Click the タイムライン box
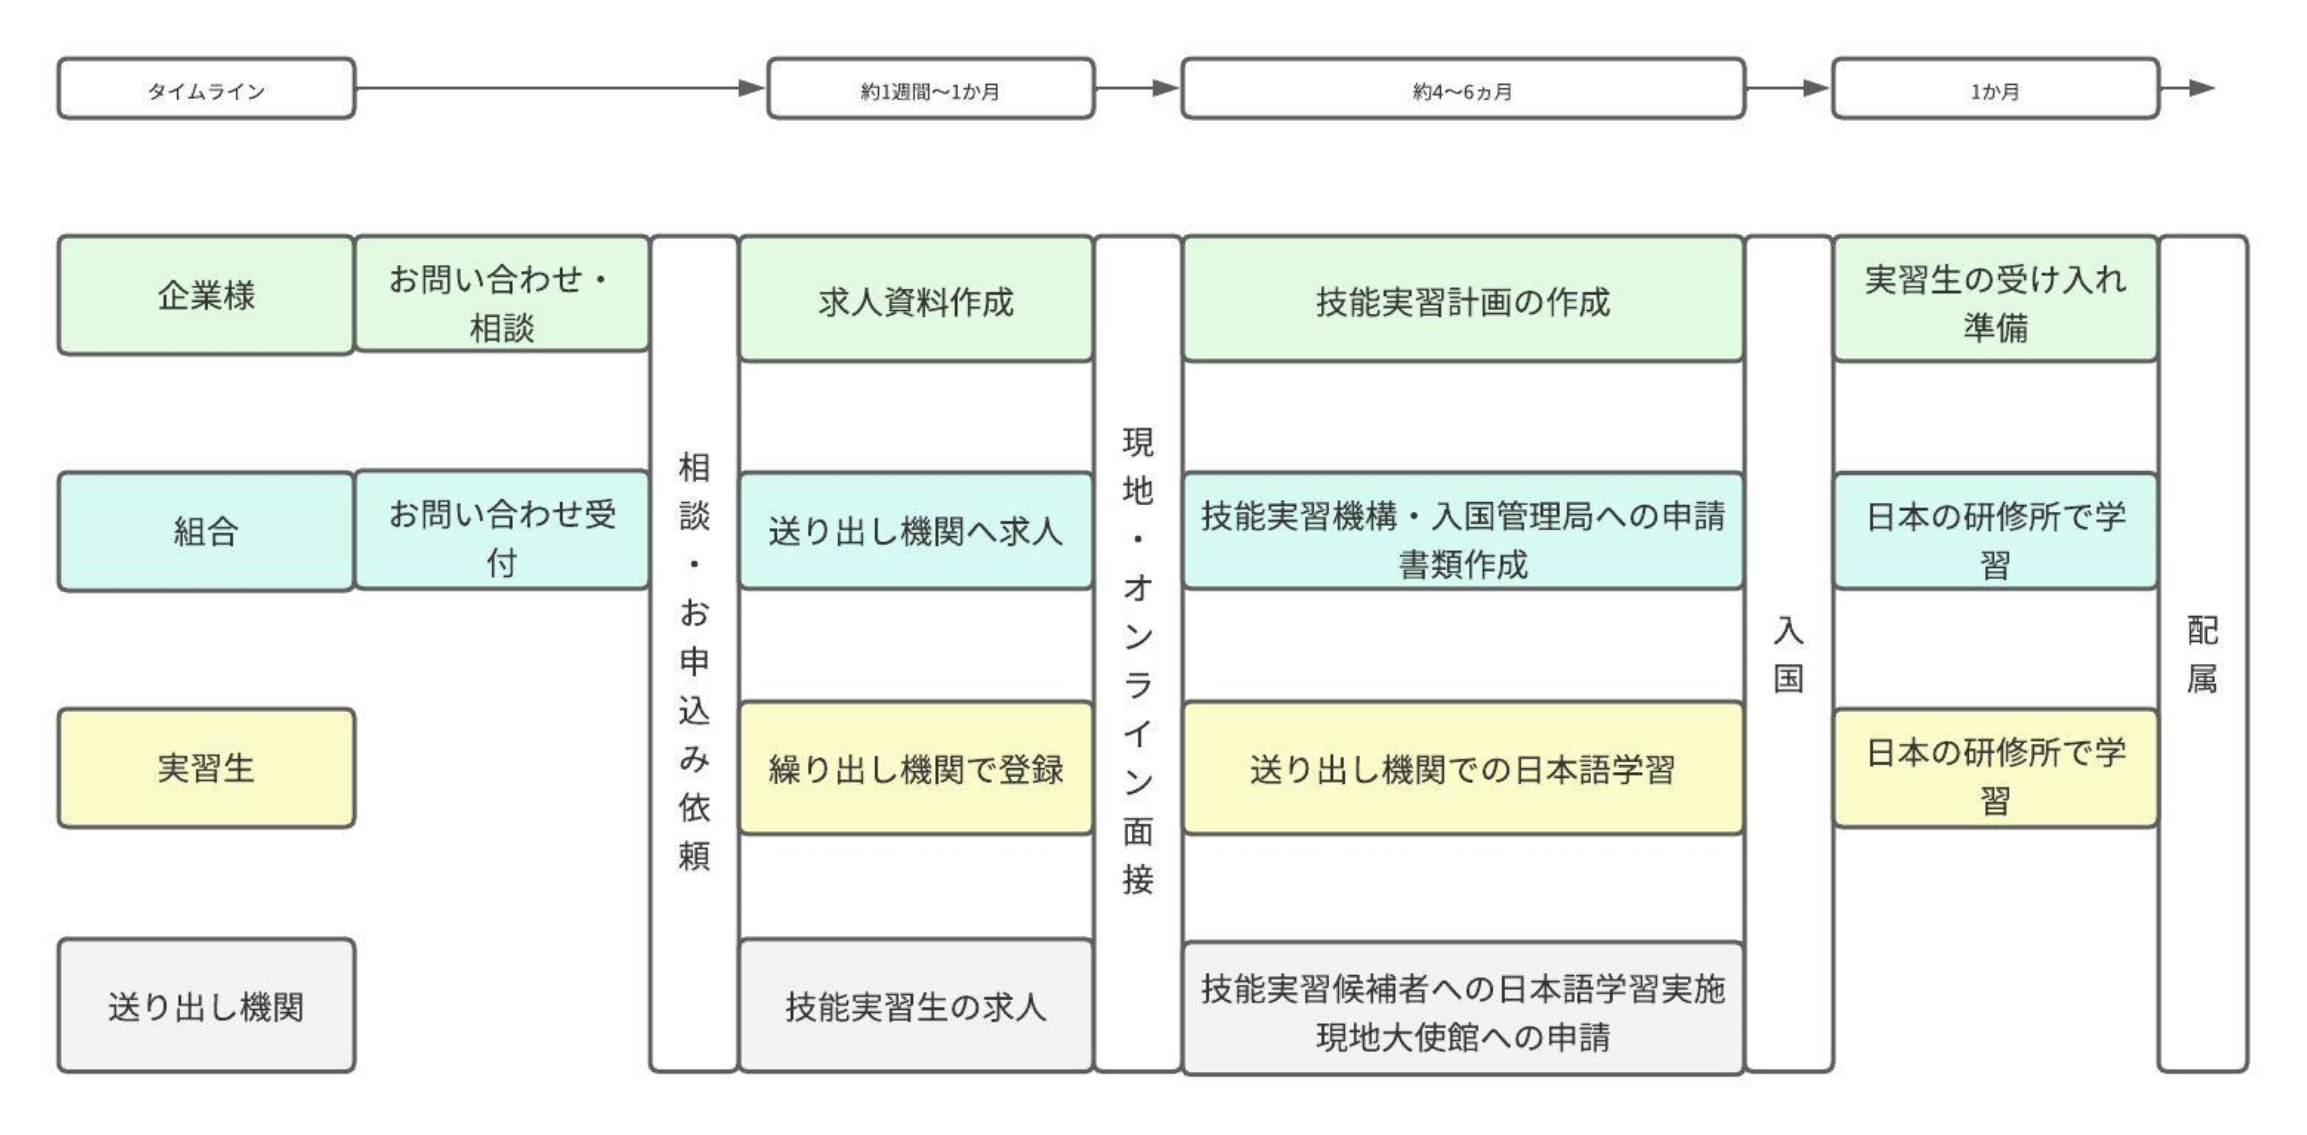click(206, 89)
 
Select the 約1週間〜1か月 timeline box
click(930, 89)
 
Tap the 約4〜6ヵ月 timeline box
click(1462, 89)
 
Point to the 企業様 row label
click(206, 295)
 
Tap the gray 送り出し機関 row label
click(206, 1005)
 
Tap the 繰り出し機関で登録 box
click(915, 768)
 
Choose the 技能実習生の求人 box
click(915, 1005)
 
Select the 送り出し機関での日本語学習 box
click(1462, 768)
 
